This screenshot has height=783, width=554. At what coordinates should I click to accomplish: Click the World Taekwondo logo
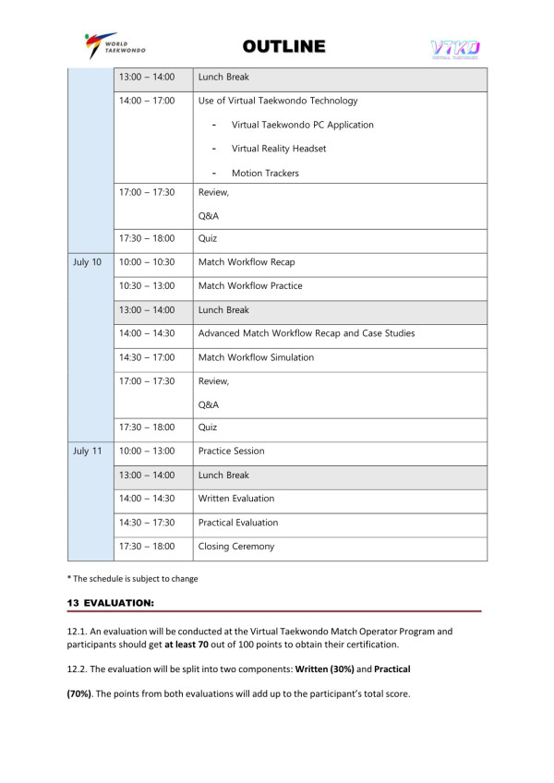point(114,45)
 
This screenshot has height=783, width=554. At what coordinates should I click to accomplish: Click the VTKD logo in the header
point(454,48)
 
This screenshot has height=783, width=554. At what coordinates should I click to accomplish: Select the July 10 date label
point(87,262)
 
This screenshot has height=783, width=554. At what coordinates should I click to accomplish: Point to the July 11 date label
point(87,451)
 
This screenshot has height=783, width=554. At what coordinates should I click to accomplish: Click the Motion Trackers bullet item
point(265,173)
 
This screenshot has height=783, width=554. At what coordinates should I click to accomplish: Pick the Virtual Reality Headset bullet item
point(278,149)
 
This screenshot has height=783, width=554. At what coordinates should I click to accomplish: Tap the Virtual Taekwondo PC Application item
point(302,125)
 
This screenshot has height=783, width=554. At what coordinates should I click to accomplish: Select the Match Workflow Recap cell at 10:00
point(247,262)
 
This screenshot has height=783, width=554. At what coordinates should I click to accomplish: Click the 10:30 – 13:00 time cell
point(146,286)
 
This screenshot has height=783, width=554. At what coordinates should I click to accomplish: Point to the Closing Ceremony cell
point(236,547)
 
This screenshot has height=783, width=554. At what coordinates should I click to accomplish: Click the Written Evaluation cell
point(236,499)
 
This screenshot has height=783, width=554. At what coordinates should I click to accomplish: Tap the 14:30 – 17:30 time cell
point(146,523)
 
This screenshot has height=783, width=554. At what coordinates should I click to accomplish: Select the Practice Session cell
point(231,451)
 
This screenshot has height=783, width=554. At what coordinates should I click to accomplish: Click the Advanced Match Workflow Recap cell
point(306,332)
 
